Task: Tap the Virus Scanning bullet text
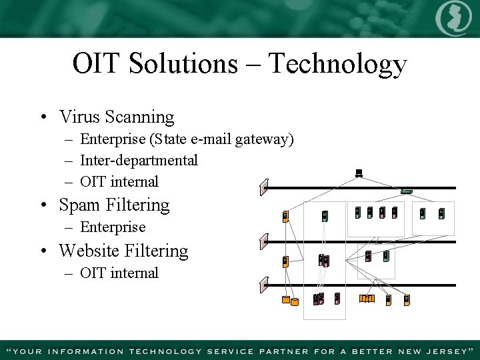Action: (116, 117)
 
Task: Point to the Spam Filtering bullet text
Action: (114, 205)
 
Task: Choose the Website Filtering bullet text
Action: (123, 251)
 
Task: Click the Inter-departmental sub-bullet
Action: (139, 161)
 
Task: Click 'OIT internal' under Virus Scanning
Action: (119, 182)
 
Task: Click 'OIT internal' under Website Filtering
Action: (119, 273)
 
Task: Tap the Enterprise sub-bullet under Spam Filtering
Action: (112, 227)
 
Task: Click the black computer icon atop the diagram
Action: (359, 174)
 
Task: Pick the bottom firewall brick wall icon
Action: (264, 285)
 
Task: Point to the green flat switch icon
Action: (406, 191)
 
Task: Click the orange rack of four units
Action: (367, 299)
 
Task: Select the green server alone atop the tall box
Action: (325, 216)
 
